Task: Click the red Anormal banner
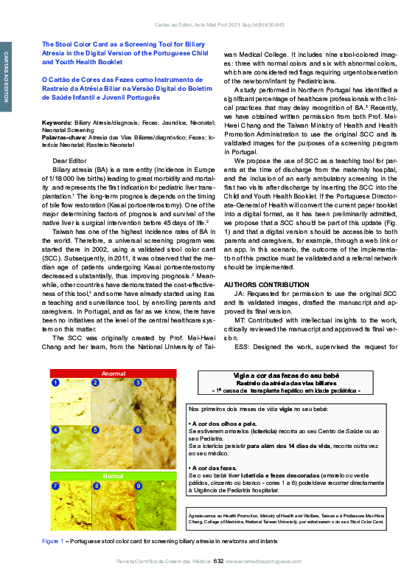[111, 373]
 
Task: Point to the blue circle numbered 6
[138, 430]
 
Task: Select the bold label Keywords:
[57, 121]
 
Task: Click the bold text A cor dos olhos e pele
[221, 424]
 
